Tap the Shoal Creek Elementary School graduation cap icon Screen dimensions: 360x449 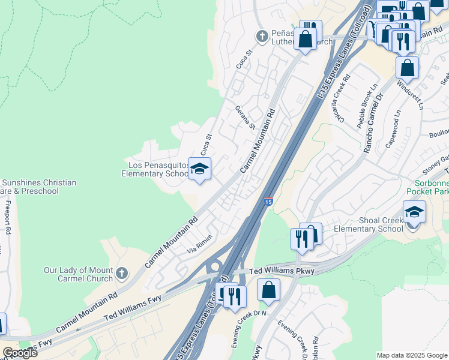[414, 212]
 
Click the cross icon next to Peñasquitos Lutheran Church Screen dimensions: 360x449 [261, 37]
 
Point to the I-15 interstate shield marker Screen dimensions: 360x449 [268, 202]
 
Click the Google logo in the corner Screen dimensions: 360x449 [20, 353]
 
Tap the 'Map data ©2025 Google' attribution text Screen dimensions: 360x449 [412, 355]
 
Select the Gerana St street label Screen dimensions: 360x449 [245, 118]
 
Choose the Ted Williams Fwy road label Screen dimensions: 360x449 [133, 306]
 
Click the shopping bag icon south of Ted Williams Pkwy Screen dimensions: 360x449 [268, 290]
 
